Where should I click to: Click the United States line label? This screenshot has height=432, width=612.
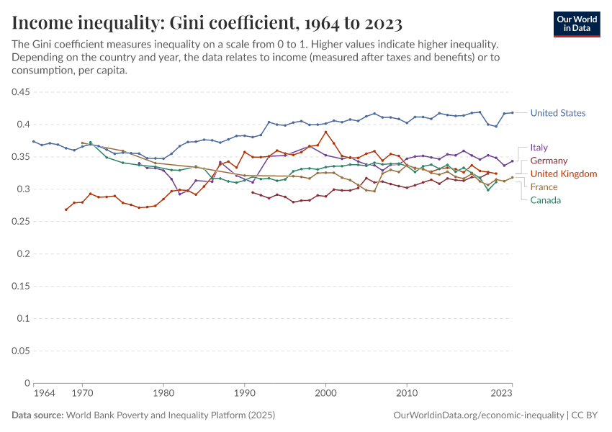(557, 113)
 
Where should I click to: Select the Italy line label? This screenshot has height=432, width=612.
(539, 148)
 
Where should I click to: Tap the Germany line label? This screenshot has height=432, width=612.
(549, 161)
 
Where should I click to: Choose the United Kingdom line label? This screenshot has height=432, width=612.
(563, 174)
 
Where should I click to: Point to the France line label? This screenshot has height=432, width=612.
(544, 186)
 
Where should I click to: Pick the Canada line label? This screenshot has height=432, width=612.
(545, 199)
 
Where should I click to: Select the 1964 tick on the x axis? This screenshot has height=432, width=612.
(44, 393)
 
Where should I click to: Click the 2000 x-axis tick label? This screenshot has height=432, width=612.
(326, 393)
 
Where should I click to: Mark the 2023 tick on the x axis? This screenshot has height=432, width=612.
(501, 393)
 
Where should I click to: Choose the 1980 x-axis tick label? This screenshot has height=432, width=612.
(163, 393)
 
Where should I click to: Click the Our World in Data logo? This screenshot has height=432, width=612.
(577, 24)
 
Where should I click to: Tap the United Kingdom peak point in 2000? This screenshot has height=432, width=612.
(326, 132)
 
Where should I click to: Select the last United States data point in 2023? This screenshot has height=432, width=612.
(512, 112)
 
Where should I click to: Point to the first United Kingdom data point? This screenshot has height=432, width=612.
(66, 210)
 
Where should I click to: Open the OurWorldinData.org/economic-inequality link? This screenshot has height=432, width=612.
(479, 415)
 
